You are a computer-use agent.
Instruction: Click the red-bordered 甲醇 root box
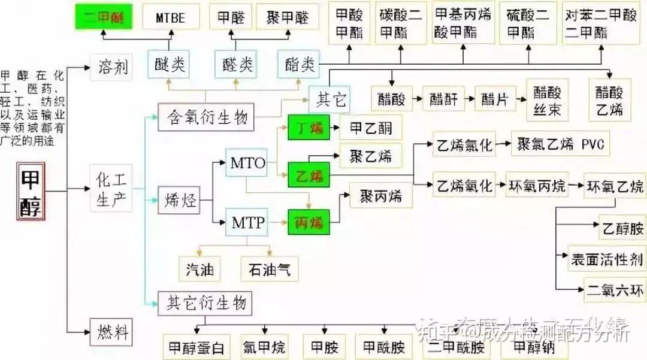[31, 191]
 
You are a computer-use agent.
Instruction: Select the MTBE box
[170, 17]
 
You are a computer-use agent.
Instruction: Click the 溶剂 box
[111, 67]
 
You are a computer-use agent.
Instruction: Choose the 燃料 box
[111, 331]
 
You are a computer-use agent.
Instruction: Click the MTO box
[247, 162]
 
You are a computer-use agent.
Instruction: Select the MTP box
[247, 223]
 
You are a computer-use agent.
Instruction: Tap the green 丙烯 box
[309, 222]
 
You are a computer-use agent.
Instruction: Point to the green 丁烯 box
[309, 128]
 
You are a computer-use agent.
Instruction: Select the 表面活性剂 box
[606, 259]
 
